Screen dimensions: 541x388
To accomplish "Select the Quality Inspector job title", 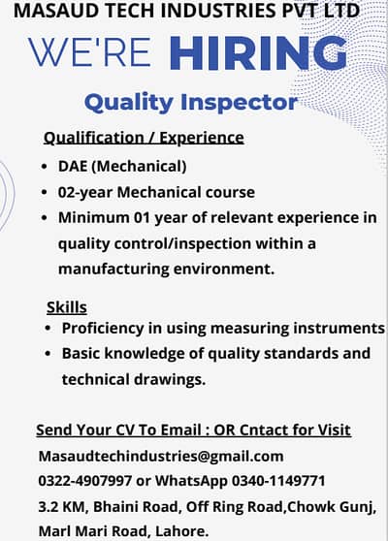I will (190, 101).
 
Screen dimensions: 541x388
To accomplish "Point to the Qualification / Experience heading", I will (144, 137).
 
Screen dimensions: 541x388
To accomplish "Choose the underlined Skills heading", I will (67, 307).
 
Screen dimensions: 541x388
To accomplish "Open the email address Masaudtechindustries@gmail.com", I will (160, 456).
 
